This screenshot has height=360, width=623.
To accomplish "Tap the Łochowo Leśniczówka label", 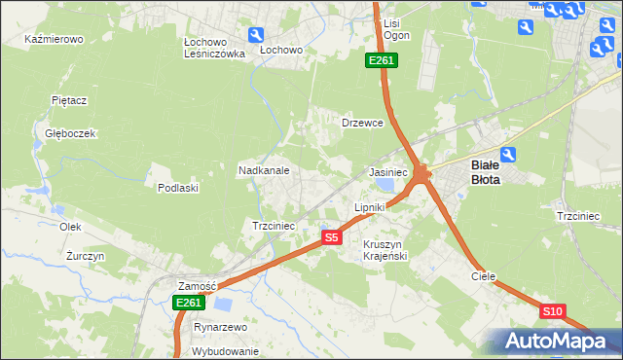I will (213, 49).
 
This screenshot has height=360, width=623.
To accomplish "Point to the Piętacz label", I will (69, 99).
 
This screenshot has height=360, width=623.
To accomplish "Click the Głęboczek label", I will (63, 133).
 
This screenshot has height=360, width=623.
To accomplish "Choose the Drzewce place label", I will (363, 124).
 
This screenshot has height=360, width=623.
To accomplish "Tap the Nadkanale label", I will (264, 170).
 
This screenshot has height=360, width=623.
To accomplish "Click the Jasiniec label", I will (387, 171).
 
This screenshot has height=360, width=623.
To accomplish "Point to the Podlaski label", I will (178, 188).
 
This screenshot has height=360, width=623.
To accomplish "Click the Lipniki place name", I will (370, 207).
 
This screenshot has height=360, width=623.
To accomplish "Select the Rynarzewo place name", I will (221, 327).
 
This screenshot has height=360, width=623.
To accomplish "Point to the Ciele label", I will (484, 276).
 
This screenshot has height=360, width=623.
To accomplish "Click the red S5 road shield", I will (332, 237).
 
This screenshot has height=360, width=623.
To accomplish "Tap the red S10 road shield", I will (552, 311).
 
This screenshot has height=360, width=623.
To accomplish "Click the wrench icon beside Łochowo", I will (256, 35).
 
